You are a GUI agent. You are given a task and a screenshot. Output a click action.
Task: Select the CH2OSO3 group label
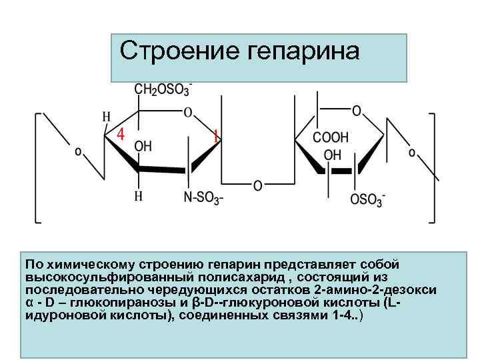[163, 89]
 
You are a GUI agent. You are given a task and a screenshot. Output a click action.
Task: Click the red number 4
[121, 133]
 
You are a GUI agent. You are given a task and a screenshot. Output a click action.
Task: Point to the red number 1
[215, 136]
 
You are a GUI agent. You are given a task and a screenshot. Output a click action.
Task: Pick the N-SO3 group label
[203, 197]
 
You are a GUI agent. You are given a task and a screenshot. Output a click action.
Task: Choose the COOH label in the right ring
[331, 138]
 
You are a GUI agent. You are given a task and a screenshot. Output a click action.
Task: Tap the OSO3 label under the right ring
[367, 199]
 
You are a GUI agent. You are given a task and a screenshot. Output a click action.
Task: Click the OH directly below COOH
[332, 155]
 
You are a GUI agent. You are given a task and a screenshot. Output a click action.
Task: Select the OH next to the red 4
[143, 146]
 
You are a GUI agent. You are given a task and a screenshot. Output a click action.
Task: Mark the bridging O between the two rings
[257, 185]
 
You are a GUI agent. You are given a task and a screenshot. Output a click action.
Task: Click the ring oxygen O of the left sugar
[188, 111]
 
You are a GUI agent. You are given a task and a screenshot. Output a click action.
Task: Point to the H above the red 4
[106, 116]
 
